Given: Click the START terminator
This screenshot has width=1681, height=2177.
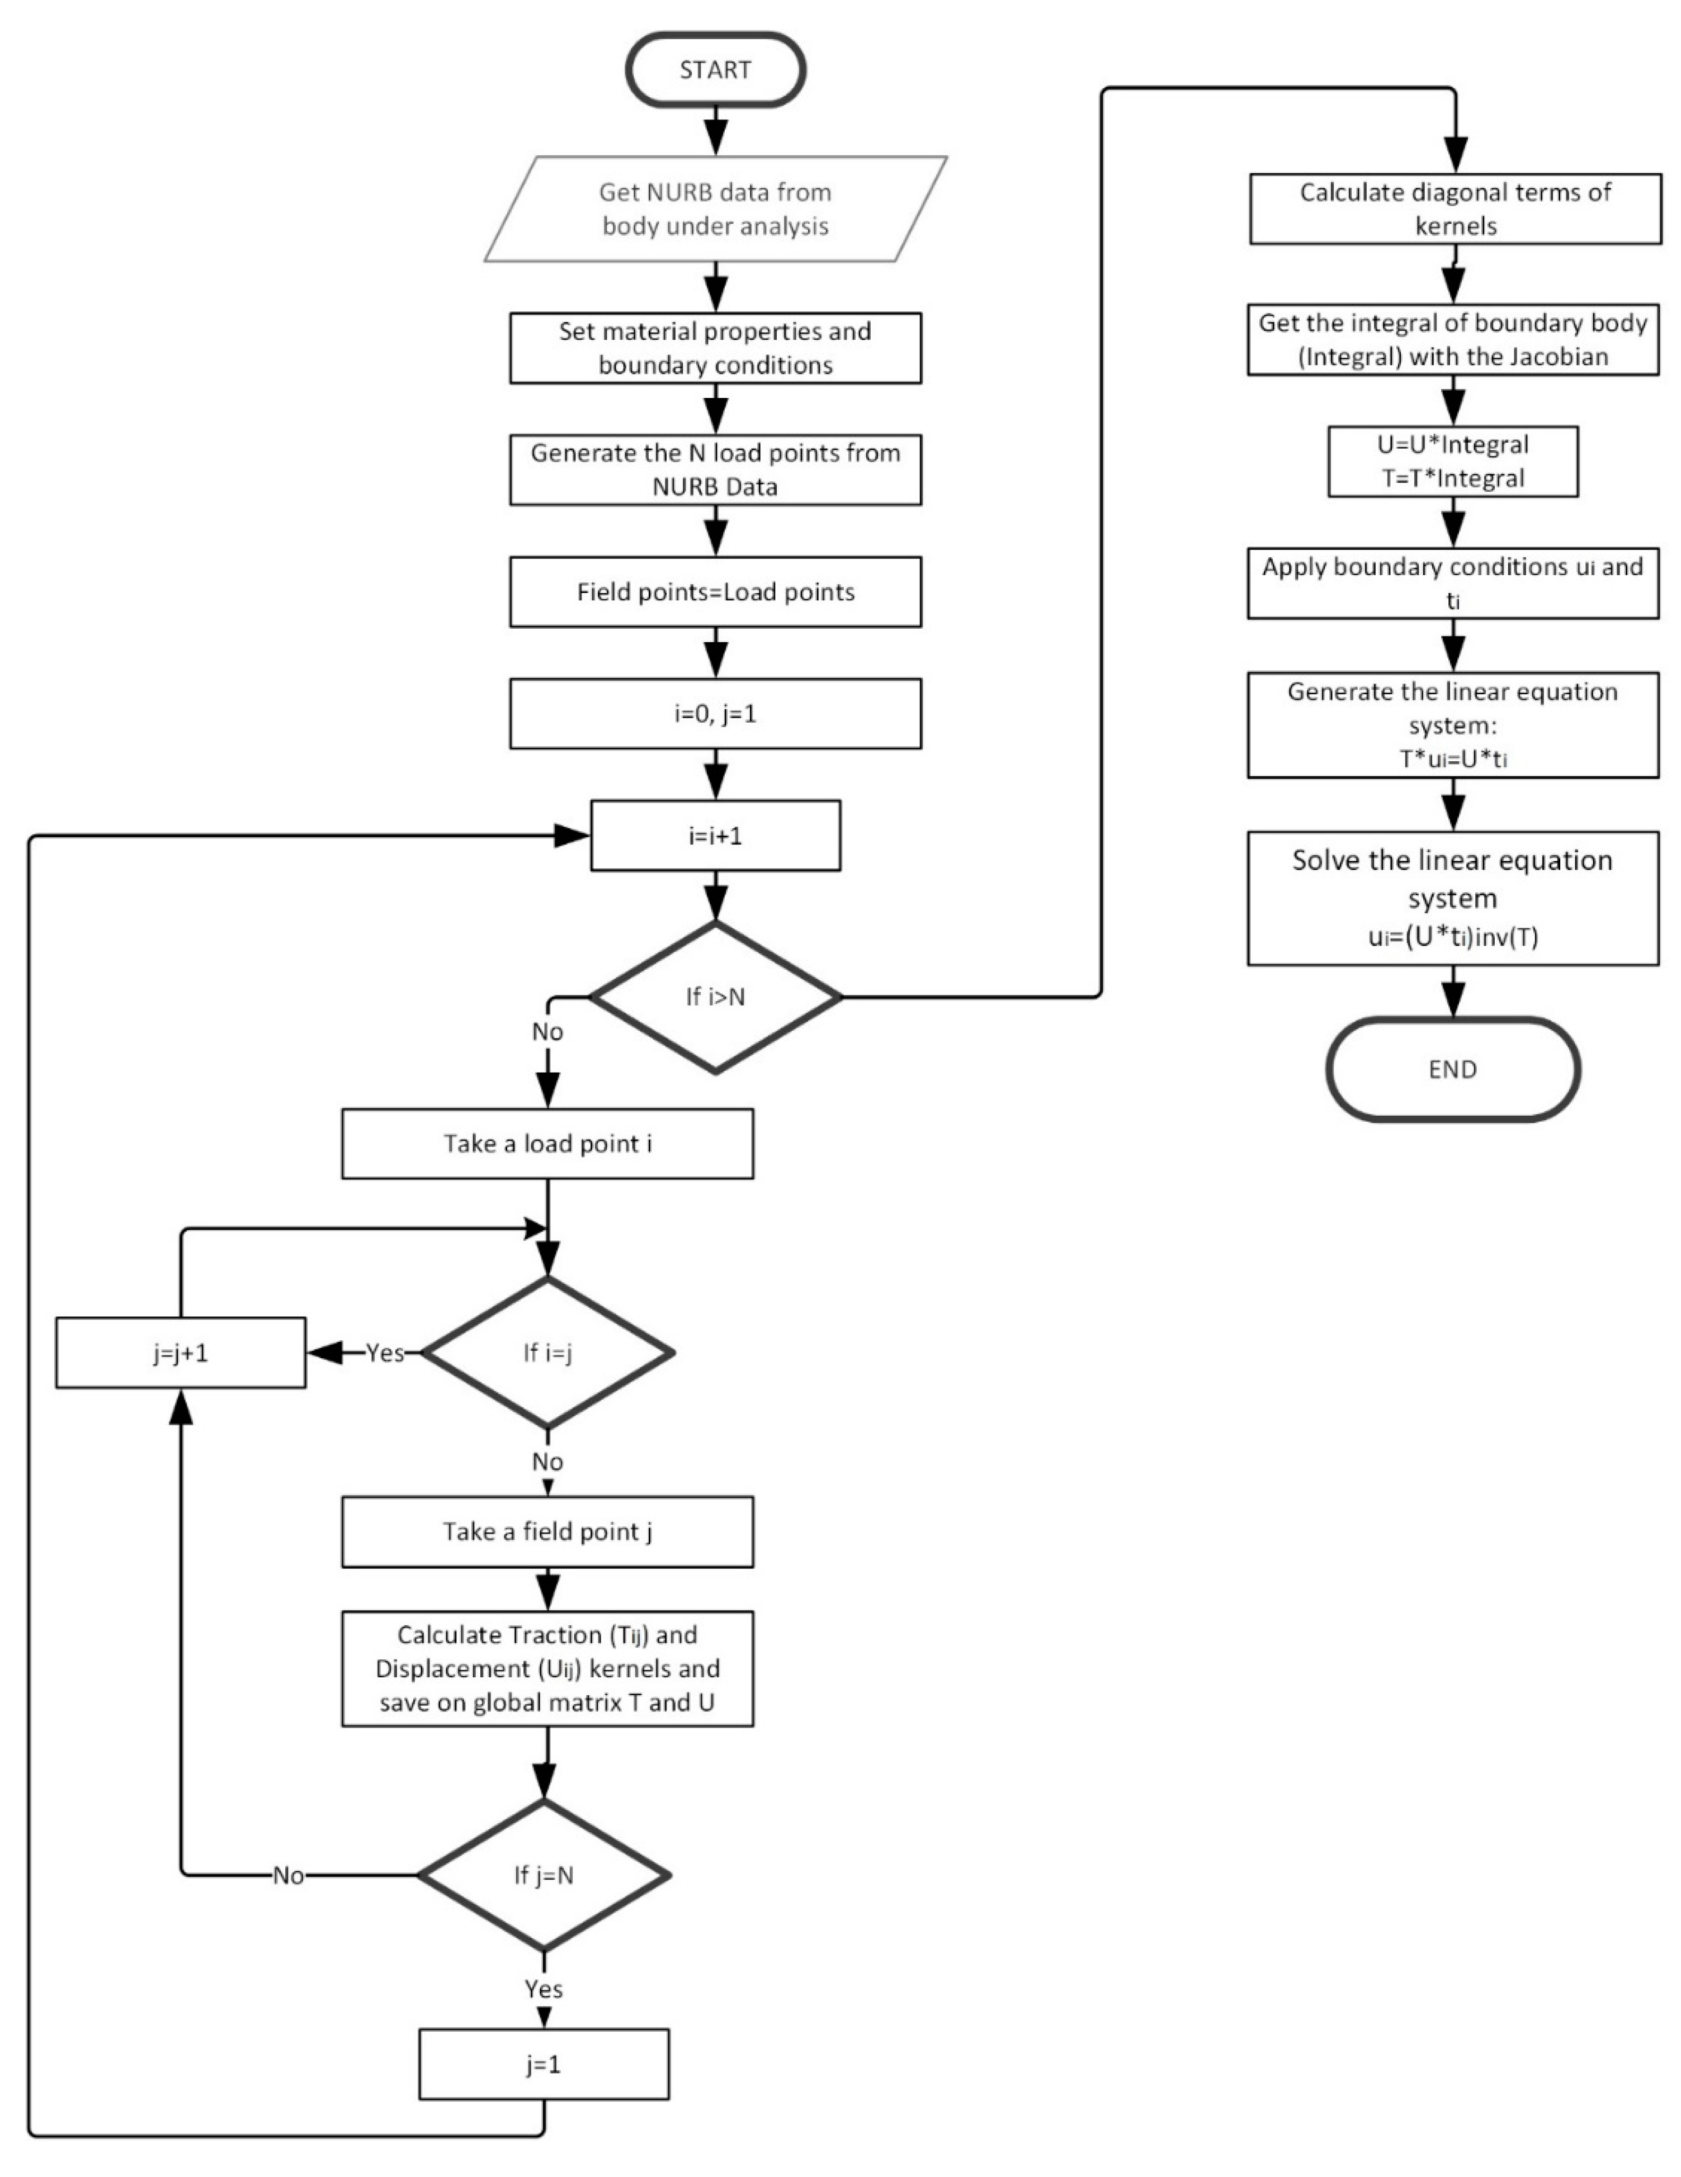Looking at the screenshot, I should point(715,70).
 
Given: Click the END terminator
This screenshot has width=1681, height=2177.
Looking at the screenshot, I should point(1453,1070).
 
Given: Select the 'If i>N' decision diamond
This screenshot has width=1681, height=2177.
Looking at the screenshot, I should point(715,996).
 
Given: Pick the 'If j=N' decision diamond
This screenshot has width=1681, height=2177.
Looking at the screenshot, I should point(544,1875).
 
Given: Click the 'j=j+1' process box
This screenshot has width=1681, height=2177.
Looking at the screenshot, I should point(181,1353).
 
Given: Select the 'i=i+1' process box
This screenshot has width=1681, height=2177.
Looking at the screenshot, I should point(715,836).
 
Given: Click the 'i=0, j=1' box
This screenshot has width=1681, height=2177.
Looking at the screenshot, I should point(715,714).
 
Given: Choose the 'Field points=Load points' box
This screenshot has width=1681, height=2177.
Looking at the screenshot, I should point(715,592).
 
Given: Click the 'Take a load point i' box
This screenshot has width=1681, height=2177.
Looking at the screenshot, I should point(547,1144).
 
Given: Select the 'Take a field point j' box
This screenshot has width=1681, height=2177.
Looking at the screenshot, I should point(547,1531).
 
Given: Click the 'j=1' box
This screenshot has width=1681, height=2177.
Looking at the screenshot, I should point(544,2064).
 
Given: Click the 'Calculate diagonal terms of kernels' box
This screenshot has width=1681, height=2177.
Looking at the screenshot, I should point(1455,208).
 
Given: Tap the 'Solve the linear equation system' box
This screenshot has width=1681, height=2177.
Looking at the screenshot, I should point(1453,897).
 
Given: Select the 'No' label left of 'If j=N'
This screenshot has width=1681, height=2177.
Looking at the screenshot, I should point(288,1876).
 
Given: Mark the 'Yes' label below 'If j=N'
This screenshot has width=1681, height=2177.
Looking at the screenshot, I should point(544,1989).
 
